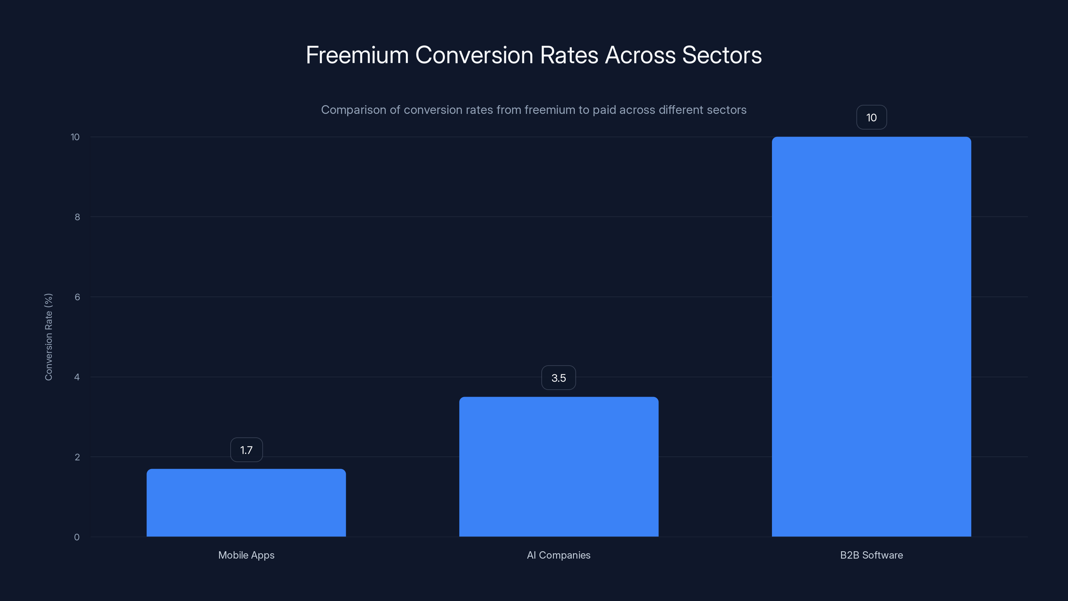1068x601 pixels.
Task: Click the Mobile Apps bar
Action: [x=246, y=503]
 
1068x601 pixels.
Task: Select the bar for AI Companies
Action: [x=558, y=467]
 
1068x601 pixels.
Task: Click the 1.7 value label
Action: [x=246, y=450]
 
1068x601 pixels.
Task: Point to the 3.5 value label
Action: [x=558, y=378]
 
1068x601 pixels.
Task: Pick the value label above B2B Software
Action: [x=871, y=118]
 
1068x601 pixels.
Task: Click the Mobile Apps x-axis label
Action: [x=246, y=555]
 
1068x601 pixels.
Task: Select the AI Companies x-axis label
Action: [x=558, y=555]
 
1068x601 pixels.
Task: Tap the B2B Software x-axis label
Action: [x=871, y=555]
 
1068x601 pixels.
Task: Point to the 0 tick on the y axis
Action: [x=77, y=537]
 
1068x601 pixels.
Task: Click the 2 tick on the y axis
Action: [x=77, y=457]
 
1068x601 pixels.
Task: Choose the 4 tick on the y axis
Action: [x=77, y=377]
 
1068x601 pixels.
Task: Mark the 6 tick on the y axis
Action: [x=77, y=297]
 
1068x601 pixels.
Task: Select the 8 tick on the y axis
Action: [x=77, y=217]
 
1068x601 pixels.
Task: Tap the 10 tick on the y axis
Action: [x=75, y=137]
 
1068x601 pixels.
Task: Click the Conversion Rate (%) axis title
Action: [x=48, y=337]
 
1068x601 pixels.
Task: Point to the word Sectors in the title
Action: [x=722, y=55]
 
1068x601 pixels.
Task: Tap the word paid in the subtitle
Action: [x=604, y=110]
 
